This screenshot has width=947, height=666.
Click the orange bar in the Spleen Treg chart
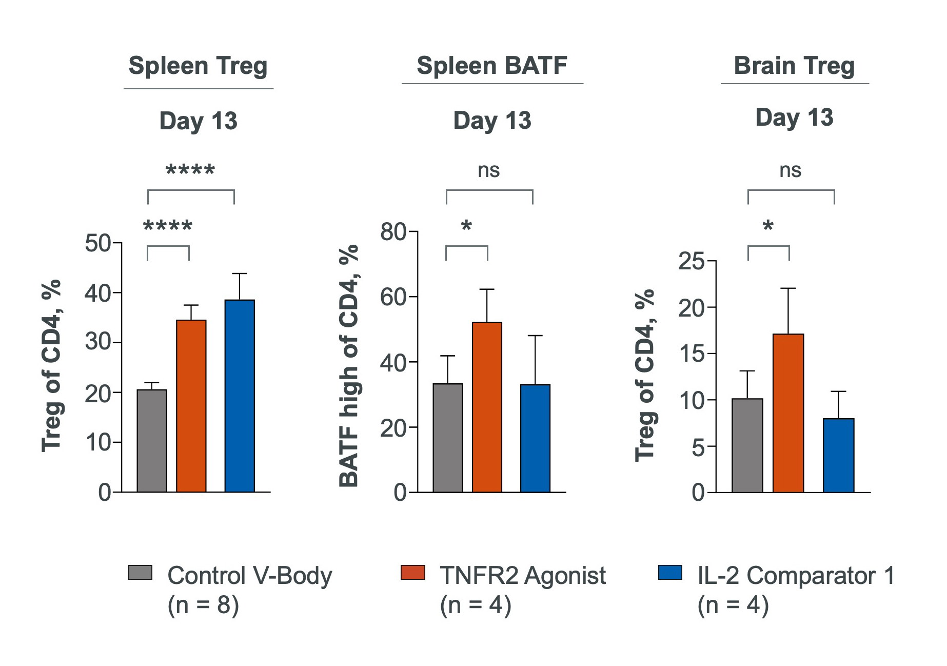pyautogui.click(x=191, y=405)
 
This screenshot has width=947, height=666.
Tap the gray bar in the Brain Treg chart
pyautogui.click(x=747, y=445)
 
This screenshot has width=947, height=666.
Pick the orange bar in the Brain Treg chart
pyautogui.click(x=788, y=413)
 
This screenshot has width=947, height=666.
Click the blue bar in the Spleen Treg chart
pyautogui.click(x=240, y=396)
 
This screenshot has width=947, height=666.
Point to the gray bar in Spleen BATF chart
pyautogui.click(x=448, y=437)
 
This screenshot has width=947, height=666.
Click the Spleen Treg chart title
pyautogui.click(x=198, y=66)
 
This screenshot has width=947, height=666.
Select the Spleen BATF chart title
pyautogui.click(x=491, y=66)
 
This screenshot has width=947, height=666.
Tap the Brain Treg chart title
pyautogui.click(x=794, y=66)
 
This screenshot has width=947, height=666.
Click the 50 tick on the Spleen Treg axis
pyautogui.click(x=98, y=243)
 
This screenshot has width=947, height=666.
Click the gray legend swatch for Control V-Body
pyautogui.click(x=140, y=573)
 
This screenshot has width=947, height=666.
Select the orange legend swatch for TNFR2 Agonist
pyautogui.click(x=412, y=573)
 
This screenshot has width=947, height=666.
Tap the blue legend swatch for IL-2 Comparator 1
pyautogui.click(x=670, y=573)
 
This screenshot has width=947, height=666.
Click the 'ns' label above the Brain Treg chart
pyautogui.click(x=790, y=170)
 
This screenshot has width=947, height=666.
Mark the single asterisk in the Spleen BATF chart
pyautogui.click(x=466, y=226)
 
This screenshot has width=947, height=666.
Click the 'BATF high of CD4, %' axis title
pyautogui.click(x=349, y=366)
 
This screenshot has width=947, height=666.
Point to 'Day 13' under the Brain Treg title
pyautogui.click(x=794, y=117)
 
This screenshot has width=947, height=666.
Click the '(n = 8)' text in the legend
pyautogui.click(x=203, y=605)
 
